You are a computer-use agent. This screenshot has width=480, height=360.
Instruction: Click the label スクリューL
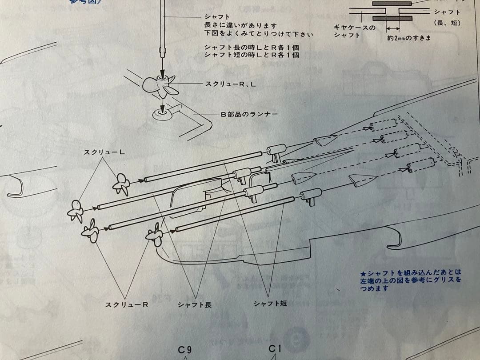point(104,152)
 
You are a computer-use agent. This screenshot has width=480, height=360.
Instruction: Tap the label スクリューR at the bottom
point(126,304)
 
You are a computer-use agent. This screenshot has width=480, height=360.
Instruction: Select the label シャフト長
point(194,304)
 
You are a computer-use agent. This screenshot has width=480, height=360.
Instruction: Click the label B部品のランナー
point(249,114)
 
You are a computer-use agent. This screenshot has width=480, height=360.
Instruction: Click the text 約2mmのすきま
point(409,38)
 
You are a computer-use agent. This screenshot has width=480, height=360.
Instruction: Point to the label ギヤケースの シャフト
point(354,31)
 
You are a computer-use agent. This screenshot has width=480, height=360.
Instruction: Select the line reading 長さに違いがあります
point(240,26)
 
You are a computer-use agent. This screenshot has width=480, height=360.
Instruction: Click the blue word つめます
point(374,288)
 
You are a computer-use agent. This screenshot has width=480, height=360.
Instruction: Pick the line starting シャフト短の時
point(251,55)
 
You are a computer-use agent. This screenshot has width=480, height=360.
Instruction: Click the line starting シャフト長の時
point(251,47)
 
